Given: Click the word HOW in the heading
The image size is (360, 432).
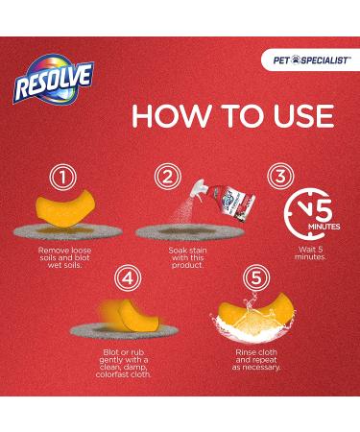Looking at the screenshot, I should pos(171,115).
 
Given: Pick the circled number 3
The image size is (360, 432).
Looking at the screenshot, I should pos(277,176).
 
